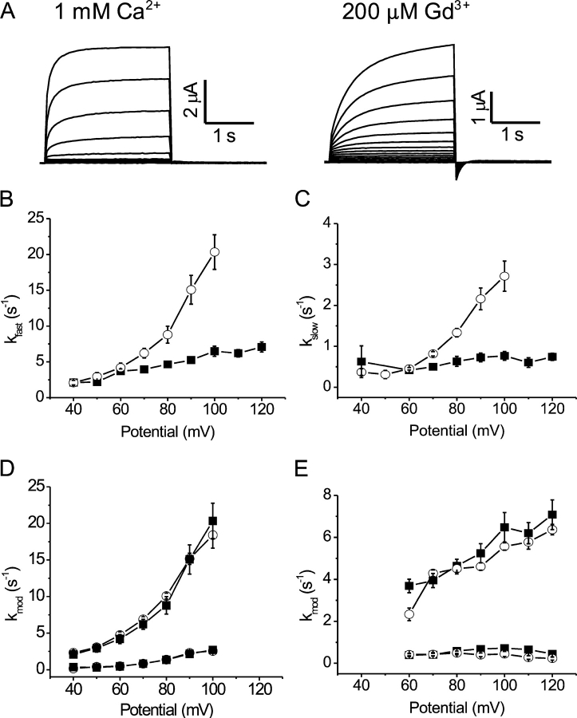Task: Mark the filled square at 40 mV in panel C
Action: [362, 361]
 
